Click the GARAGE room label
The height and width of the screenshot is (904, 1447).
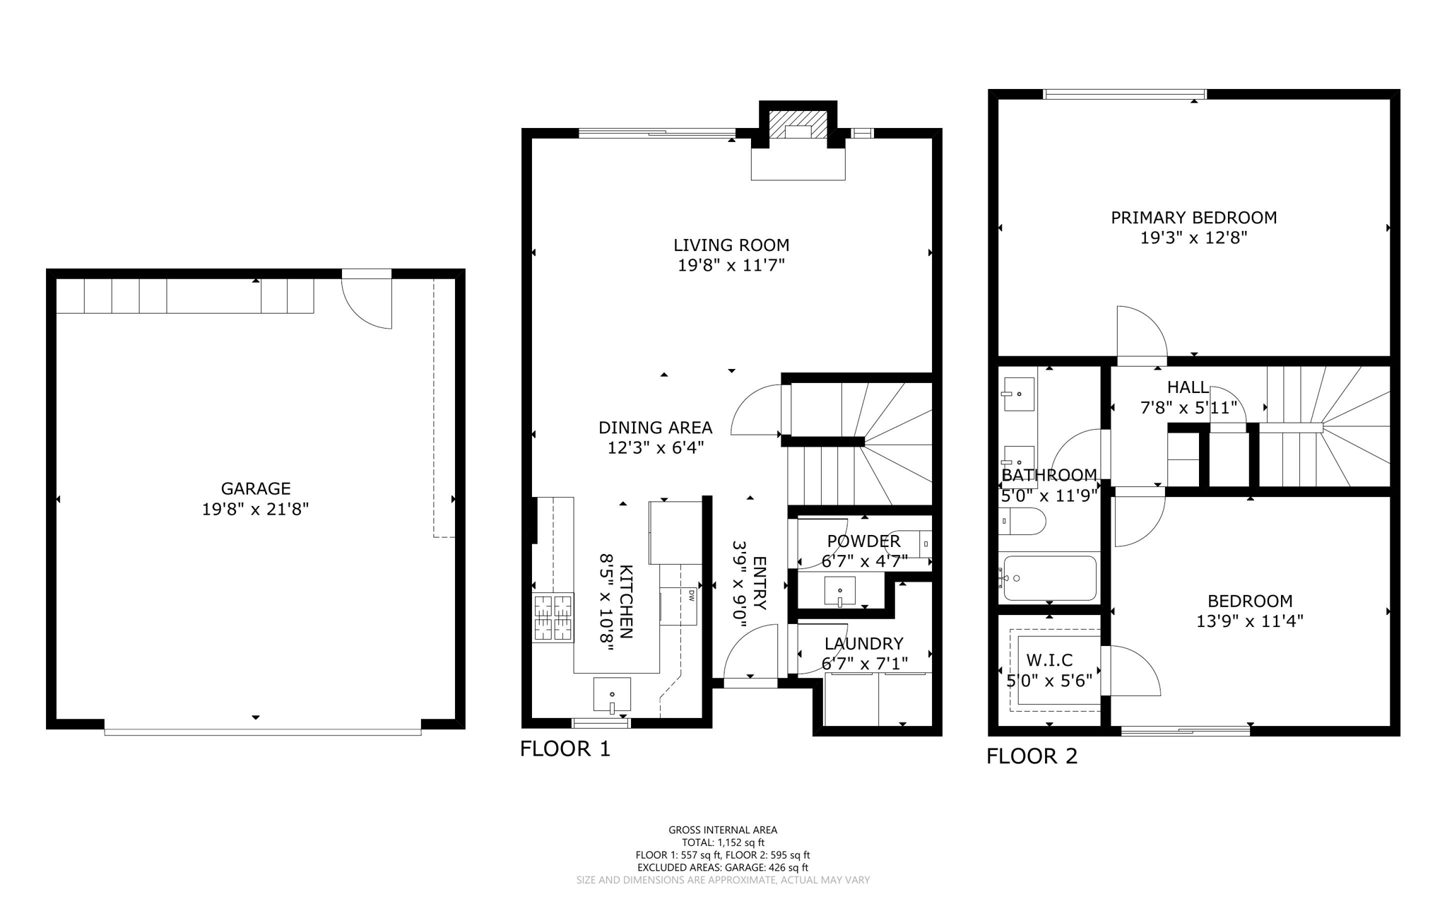pyautogui.click(x=255, y=488)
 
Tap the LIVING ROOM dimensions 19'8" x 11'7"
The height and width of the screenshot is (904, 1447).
pyautogui.click(x=731, y=266)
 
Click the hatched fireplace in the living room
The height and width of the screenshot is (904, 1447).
pyautogui.click(x=798, y=126)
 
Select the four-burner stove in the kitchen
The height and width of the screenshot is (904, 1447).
pyautogui.click(x=553, y=618)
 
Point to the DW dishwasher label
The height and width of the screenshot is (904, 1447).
pyautogui.click(x=692, y=596)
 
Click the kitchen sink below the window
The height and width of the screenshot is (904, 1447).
pyautogui.click(x=612, y=695)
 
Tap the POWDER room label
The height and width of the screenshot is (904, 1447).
pyautogui.click(x=863, y=541)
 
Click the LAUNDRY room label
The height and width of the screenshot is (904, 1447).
pyautogui.click(x=863, y=644)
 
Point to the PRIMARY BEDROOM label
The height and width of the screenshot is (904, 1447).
pyautogui.click(x=1193, y=218)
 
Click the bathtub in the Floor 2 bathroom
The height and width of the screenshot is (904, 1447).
pyautogui.click(x=1050, y=578)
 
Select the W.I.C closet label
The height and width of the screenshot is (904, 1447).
pyautogui.click(x=1049, y=660)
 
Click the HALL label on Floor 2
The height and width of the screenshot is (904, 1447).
pyautogui.click(x=1187, y=387)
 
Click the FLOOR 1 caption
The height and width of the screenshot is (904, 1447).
pyautogui.click(x=565, y=749)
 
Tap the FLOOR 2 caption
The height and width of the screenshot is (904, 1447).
pyautogui.click(x=1032, y=756)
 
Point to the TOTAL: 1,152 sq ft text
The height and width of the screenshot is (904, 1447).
pyautogui.click(x=723, y=843)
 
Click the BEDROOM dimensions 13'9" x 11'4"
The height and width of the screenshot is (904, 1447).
pyautogui.click(x=1249, y=621)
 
